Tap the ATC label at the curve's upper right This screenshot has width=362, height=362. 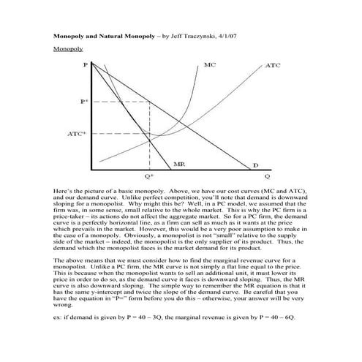pos(272,66)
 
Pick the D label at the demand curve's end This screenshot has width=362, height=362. pos(256,165)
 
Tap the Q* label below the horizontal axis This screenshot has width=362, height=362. pos(149,176)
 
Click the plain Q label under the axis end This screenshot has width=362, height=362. pos(267,176)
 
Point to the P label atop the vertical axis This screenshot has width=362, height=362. pos(86,65)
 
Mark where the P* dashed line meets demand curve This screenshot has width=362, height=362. pos(150,102)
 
